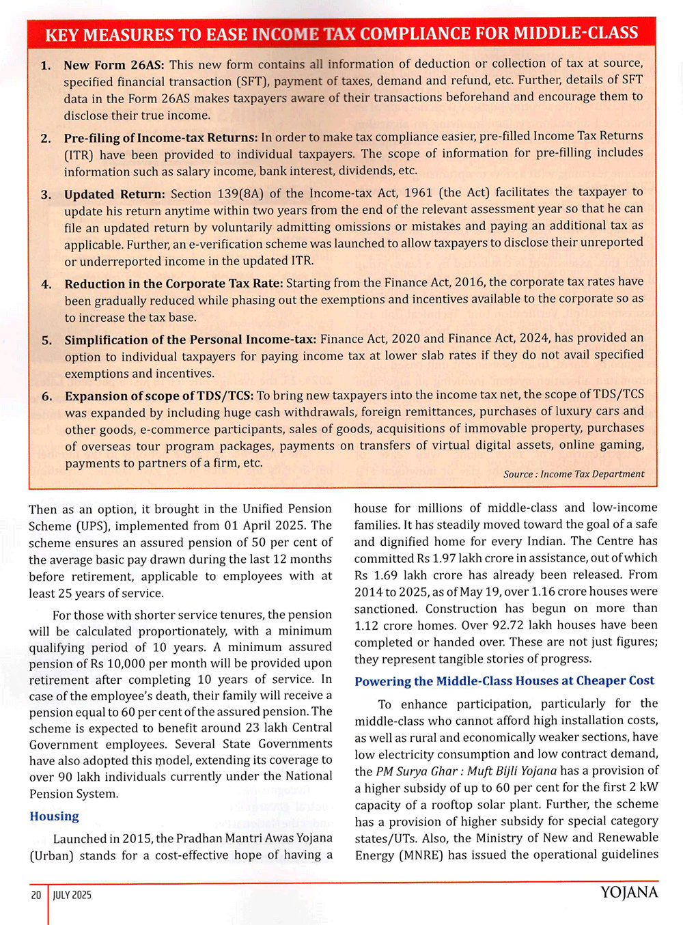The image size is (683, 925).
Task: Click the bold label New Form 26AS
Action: point(114,66)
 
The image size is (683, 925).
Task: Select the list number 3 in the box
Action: point(46,194)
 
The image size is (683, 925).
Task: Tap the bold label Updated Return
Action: point(115,194)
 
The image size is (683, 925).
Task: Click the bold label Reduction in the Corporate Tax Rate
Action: point(173,284)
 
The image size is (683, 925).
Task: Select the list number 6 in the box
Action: point(46,396)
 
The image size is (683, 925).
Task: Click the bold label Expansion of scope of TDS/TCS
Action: point(159,396)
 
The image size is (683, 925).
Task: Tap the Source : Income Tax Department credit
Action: point(574,474)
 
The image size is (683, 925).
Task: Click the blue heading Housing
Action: point(54,816)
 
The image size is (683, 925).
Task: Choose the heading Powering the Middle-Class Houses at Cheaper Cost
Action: point(504,681)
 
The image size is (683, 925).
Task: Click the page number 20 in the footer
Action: point(36,895)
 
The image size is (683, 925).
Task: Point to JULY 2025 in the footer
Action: point(72,895)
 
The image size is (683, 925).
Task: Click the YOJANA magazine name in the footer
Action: point(629,893)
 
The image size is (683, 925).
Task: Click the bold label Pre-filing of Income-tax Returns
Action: point(161,138)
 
